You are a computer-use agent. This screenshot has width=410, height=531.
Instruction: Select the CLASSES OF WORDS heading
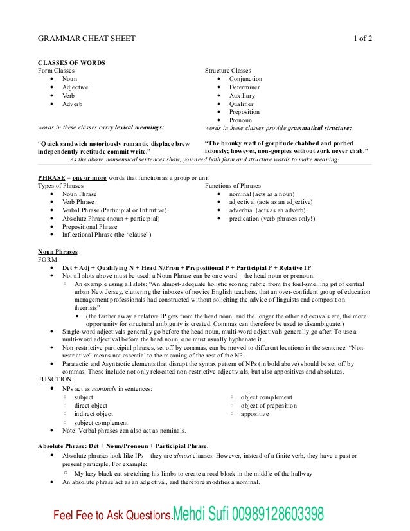[x=72, y=62]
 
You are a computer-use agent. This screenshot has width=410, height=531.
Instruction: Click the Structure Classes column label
[x=227, y=71]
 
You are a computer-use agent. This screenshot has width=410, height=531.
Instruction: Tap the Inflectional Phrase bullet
[x=107, y=235]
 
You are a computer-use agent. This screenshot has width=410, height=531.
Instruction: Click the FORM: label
[x=49, y=260]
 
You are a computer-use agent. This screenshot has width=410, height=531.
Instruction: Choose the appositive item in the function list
[x=256, y=414]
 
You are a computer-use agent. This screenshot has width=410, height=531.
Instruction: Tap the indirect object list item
[x=94, y=414]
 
